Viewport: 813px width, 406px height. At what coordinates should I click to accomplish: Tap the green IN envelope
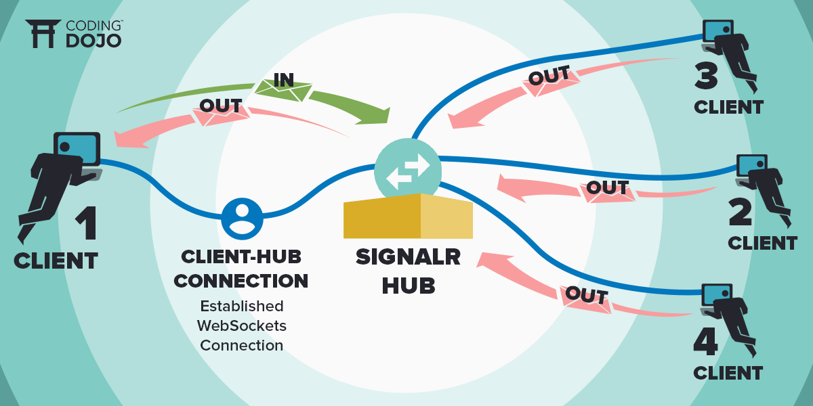(x=284, y=86)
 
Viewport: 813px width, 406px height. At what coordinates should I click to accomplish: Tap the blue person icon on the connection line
(x=242, y=217)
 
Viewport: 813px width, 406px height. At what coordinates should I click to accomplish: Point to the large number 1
(x=85, y=223)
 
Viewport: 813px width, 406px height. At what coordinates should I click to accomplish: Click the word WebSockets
(x=242, y=325)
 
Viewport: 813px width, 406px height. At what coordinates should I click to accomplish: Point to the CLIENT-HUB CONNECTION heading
(x=242, y=269)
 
